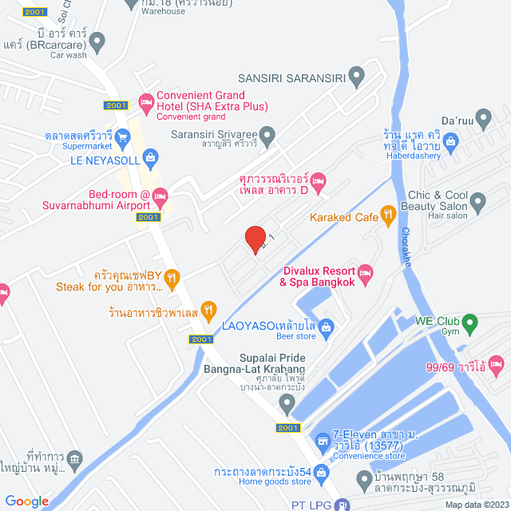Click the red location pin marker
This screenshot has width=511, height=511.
click(x=255, y=239)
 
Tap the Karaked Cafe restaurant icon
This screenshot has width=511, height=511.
click(x=388, y=213)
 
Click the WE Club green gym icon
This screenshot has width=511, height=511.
click(x=470, y=323)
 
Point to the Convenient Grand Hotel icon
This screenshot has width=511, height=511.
click(x=145, y=101)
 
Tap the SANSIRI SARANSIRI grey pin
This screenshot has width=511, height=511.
click(x=356, y=77)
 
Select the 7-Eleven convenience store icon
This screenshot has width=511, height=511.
click(x=322, y=440)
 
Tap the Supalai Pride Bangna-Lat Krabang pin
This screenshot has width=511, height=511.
click(x=288, y=410)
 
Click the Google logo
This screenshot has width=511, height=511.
click(x=26, y=501)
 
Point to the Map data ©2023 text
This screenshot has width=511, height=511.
click(x=475, y=504)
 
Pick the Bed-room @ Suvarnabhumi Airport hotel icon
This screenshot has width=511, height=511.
click(x=159, y=195)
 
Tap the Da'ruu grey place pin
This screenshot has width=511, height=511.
click(x=482, y=117)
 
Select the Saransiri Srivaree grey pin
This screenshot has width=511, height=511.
click(x=269, y=133)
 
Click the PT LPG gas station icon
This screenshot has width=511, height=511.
click(x=342, y=504)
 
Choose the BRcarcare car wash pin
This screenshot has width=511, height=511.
click(x=97, y=39)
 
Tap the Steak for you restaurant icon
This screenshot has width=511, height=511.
click(x=173, y=277)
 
